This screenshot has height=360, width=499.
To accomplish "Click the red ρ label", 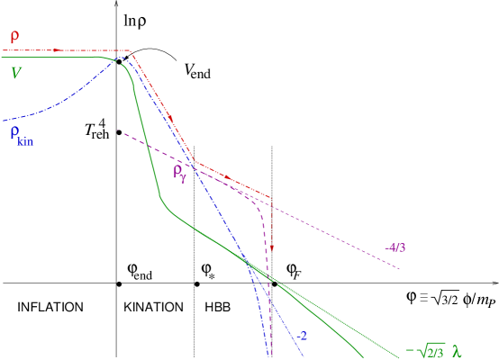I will coord(14,37).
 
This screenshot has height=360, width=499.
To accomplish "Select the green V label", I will coord(15,73).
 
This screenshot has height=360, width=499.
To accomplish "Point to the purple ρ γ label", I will coord(179,172).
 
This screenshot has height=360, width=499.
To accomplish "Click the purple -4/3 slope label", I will coord(395,247).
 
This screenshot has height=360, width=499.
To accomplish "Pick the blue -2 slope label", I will coord(303,336).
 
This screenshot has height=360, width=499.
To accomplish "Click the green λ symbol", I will coord(457,352).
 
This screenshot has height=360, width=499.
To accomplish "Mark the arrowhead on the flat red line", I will coord(59,50).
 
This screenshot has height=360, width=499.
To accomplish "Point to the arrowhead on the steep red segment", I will coord(169,117).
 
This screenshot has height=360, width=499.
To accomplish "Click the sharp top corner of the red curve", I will coord(132,52).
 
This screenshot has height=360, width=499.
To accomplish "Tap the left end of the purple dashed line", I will coord(117,131).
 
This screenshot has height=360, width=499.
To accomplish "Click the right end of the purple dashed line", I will coord(400,268).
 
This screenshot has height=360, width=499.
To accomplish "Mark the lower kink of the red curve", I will coord(195,163).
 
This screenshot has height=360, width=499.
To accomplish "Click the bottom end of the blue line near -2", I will coord(304,356).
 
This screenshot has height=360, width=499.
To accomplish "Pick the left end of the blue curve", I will coord(4,121).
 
